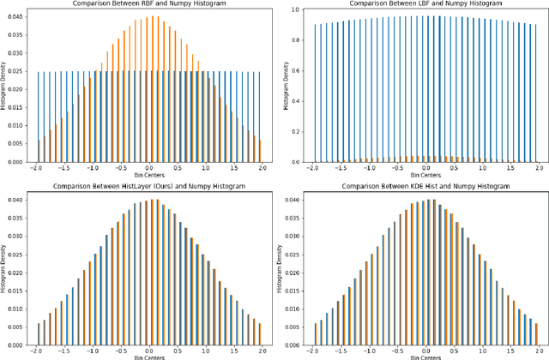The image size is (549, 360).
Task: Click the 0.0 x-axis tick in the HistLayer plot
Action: coord(149,352)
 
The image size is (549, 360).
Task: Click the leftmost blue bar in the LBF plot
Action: coord(315,93)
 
